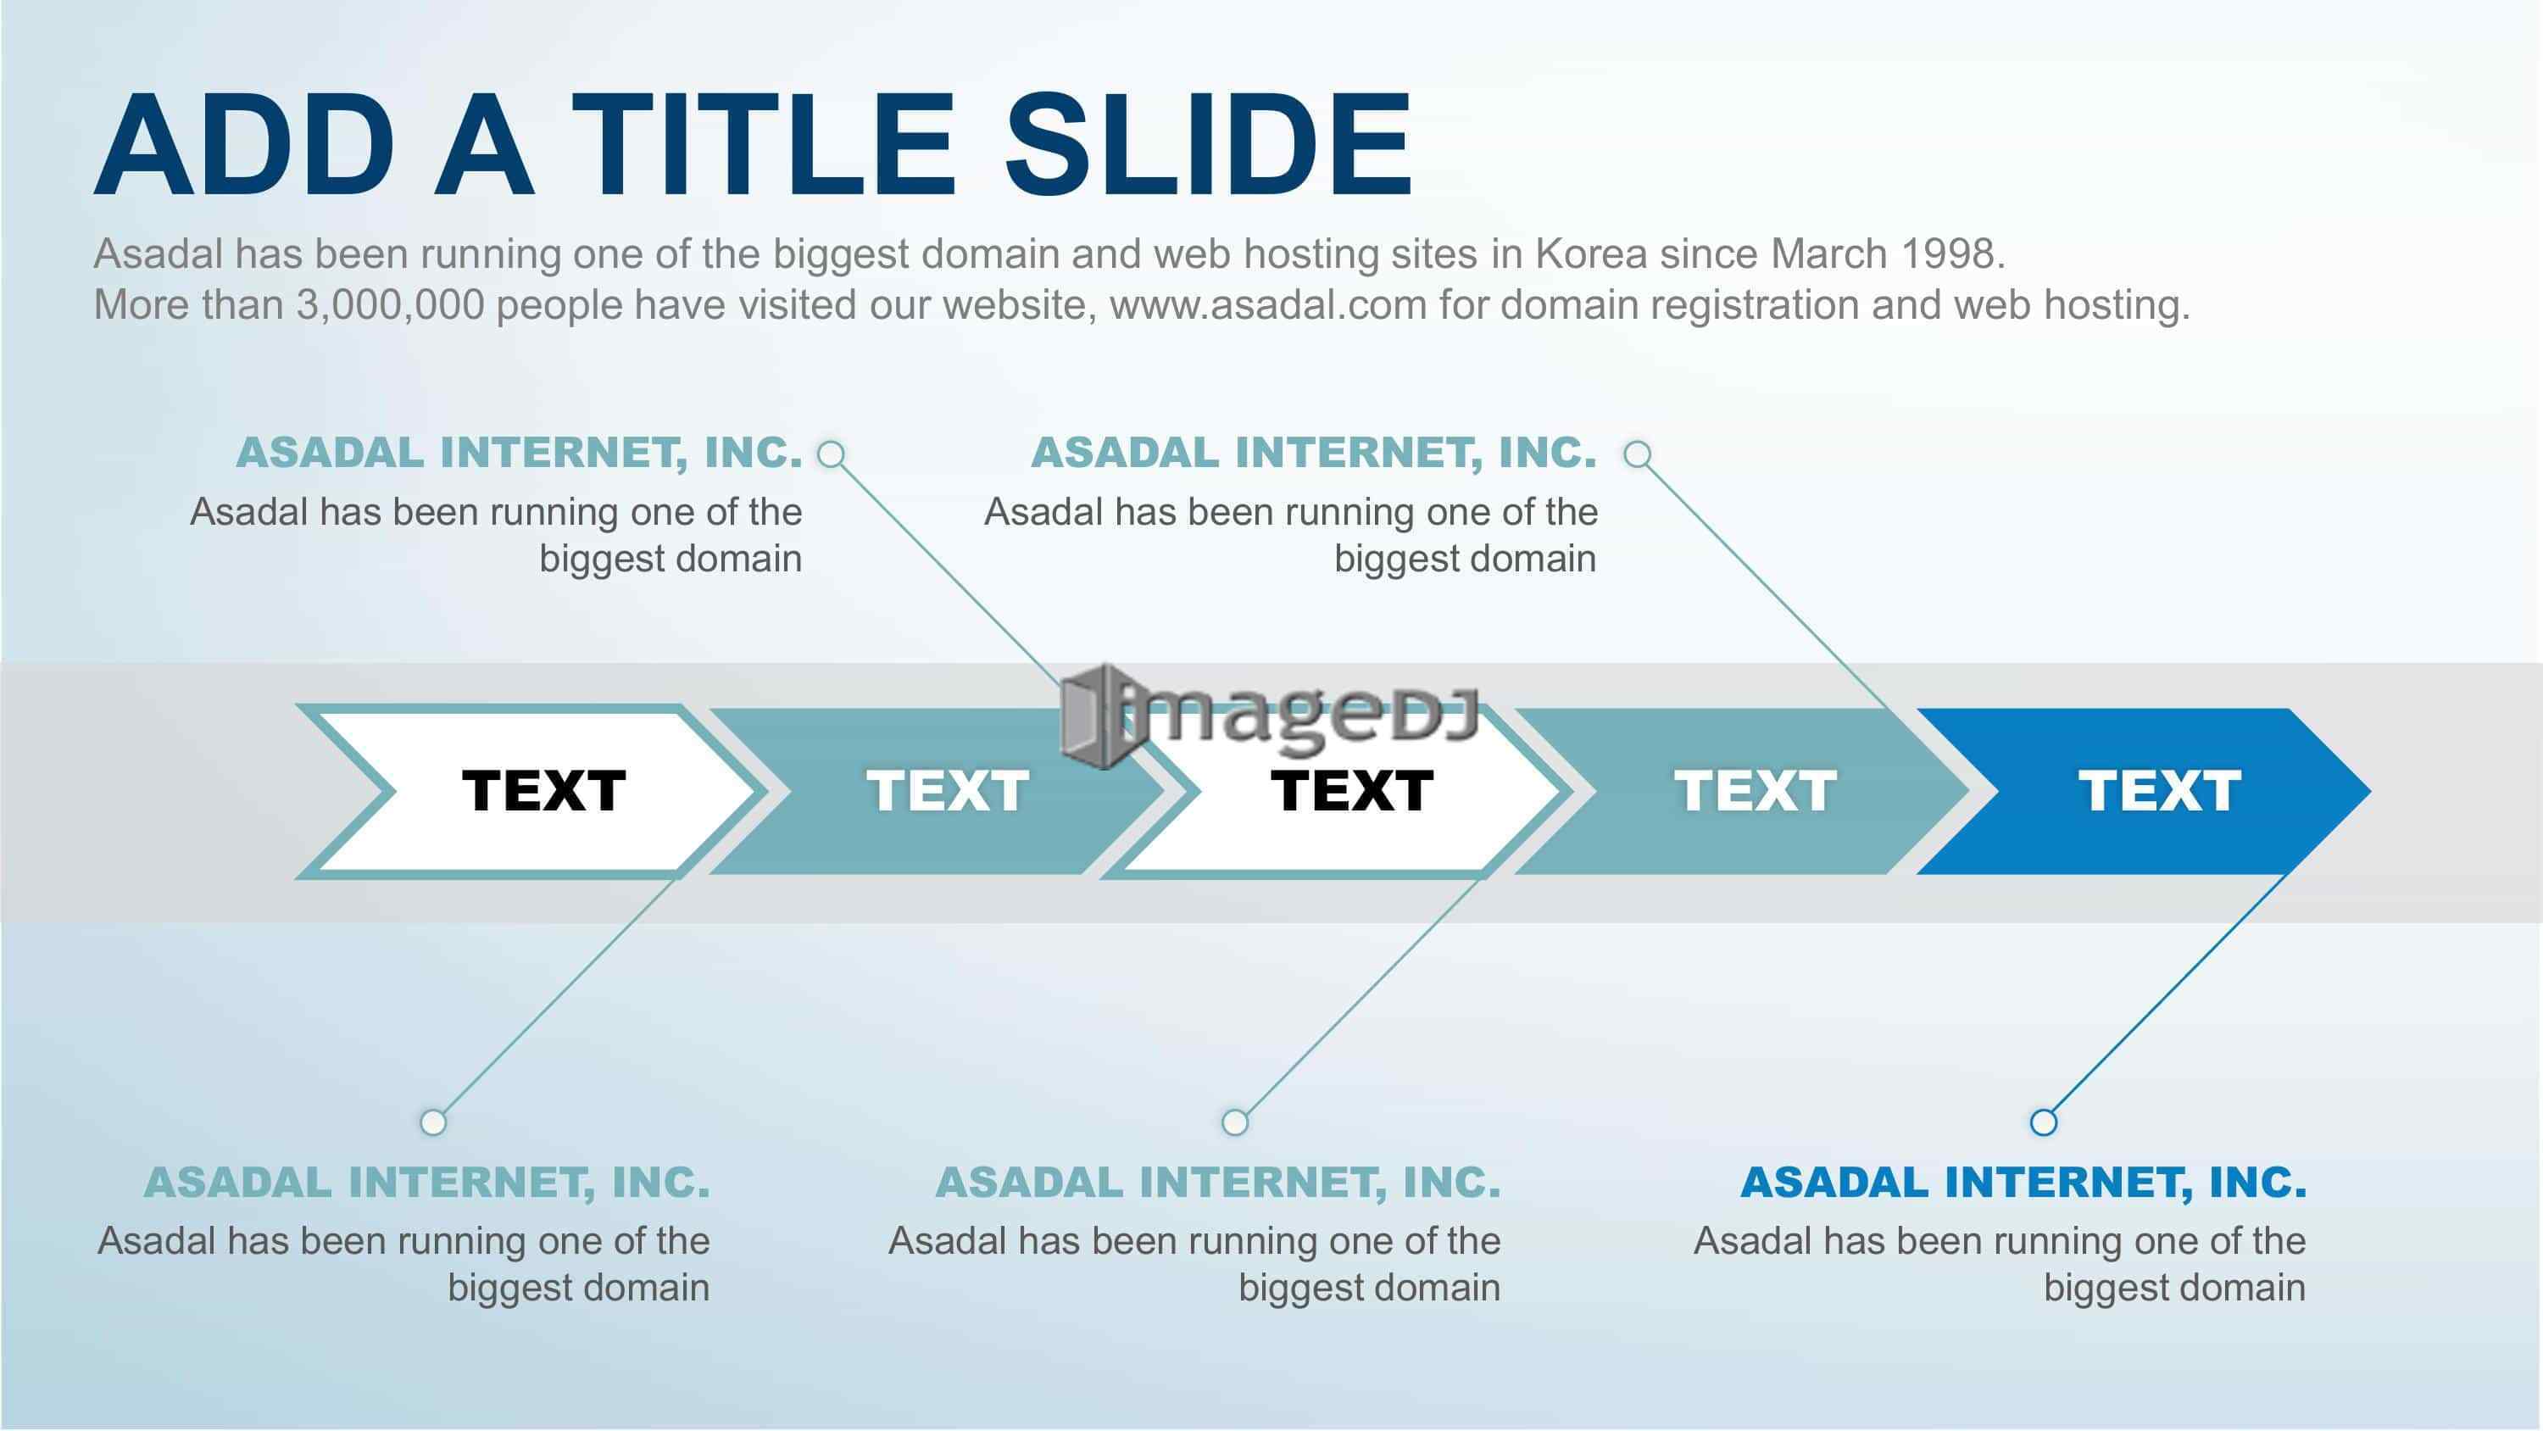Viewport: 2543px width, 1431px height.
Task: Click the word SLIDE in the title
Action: (x=1207, y=144)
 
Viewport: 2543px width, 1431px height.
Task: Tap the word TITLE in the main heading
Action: (x=763, y=144)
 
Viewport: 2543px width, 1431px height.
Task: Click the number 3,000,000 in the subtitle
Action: (x=390, y=305)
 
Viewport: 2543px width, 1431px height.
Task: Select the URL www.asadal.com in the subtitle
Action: (x=1269, y=305)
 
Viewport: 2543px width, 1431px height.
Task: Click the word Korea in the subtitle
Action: (x=1591, y=253)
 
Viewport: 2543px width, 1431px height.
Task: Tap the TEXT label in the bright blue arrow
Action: (x=2160, y=791)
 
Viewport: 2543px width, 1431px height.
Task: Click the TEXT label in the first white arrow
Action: (x=544, y=791)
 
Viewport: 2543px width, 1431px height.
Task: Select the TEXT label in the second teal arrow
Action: (x=1756, y=791)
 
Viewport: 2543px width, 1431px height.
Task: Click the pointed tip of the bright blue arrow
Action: (x=2369, y=791)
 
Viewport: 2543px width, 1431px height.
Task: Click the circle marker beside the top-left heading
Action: (x=832, y=454)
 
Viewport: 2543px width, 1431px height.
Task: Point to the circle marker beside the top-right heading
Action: (x=1638, y=454)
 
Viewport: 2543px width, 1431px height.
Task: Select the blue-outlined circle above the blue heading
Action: (x=2044, y=1122)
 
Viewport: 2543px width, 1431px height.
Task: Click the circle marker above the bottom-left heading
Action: (x=433, y=1122)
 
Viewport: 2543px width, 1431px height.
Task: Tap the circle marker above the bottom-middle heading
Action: (x=1235, y=1122)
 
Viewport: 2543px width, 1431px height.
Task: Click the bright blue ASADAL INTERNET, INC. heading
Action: (x=2023, y=1182)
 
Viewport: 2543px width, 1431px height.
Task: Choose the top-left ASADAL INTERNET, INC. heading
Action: (x=520, y=453)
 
